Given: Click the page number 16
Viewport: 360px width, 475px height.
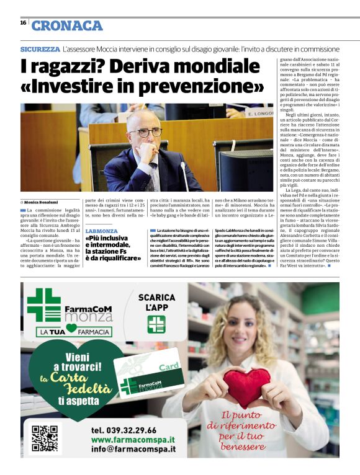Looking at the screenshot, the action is (x=23, y=23).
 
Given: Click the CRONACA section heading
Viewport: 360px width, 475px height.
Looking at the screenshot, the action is (x=67, y=25).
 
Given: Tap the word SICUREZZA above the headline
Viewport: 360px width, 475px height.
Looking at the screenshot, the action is (x=40, y=48).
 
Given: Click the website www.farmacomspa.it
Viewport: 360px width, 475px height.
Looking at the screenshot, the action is (x=132, y=440).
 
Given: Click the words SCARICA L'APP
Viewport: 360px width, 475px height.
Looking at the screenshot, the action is (x=157, y=302).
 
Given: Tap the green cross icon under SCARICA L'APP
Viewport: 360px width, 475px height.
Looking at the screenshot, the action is (x=156, y=324).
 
